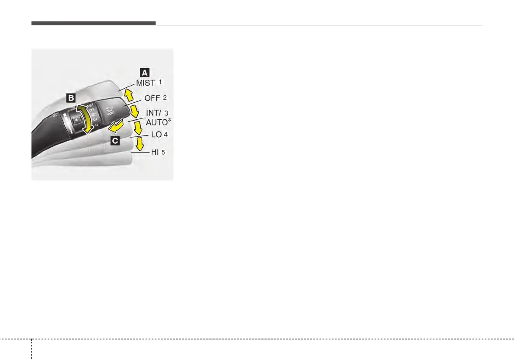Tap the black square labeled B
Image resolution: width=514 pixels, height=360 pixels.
(x=71, y=98)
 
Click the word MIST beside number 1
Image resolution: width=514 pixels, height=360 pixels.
(x=146, y=83)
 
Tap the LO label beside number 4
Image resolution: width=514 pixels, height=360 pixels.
(x=156, y=135)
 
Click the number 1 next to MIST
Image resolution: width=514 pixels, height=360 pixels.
(x=160, y=82)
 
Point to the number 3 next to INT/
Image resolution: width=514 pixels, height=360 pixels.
(x=166, y=113)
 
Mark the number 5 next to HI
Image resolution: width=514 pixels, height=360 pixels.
(x=163, y=152)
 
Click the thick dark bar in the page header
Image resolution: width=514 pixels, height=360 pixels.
(x=93, y=23)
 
